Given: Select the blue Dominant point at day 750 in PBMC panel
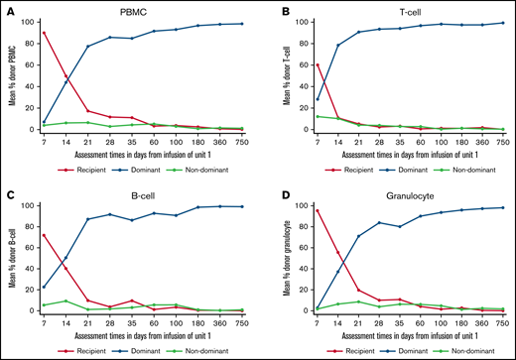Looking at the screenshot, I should coord(242,23).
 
